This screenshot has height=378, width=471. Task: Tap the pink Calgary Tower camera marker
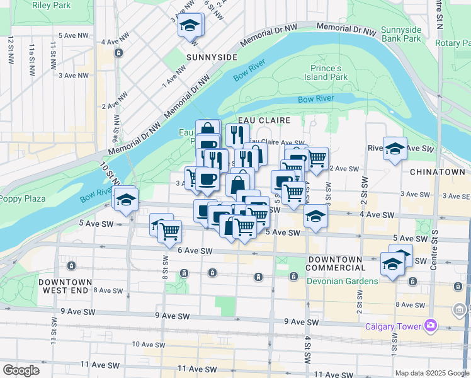click(431, 326)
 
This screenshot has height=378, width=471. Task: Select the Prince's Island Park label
click(329, 72)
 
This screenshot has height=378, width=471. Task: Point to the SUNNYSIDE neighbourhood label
click(212, 57)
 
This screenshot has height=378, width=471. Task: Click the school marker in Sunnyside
click(188, 26)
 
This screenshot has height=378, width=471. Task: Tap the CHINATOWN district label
click(437, 171)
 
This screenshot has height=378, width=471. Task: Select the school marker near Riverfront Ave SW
click(395, 149)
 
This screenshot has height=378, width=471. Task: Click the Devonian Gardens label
click(343, 281)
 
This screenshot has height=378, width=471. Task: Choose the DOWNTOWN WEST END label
click(65, 287)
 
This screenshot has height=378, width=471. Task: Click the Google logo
click(21, 370)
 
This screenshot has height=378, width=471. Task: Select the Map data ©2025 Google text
click(432, 373)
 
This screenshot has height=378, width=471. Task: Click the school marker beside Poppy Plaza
click(127, 200)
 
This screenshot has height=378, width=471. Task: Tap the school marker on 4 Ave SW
click(315, 215)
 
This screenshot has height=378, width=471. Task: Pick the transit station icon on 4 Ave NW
click(118, 53)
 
